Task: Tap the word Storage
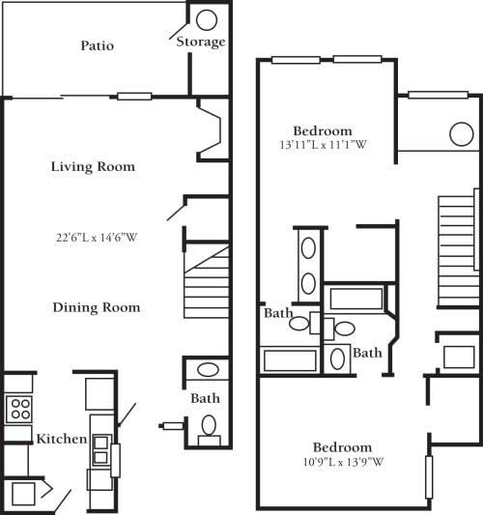pyautogui.click(x=201, y=42)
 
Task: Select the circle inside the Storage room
pyautogui.click(x=207, y=18)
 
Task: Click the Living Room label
pyautogui.click(x=93, y=167)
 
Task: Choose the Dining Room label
pyautogui.click(x=96, y=307)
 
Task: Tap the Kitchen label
pyautogui.click(x=62, y=440)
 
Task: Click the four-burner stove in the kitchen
pyautogui.click(x=19, y=408)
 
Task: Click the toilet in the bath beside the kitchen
pyautogui.click(x=208, y=426)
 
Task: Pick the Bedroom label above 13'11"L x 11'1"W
pyautogui.click(x=323, y=130)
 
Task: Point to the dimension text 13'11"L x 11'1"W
pyautogui.click(x=323, y=146)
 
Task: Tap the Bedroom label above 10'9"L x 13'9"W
pyautogui.click(x=342, y=447)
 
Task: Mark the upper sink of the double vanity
pyautogui.click(x=308, y=248)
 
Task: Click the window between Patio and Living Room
pyautogui.click(x=135, y=96)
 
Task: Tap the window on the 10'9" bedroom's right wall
pyautogui.click(x=429, y=477)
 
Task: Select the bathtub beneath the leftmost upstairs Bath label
pyautogui.click(x=290, y=360)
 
